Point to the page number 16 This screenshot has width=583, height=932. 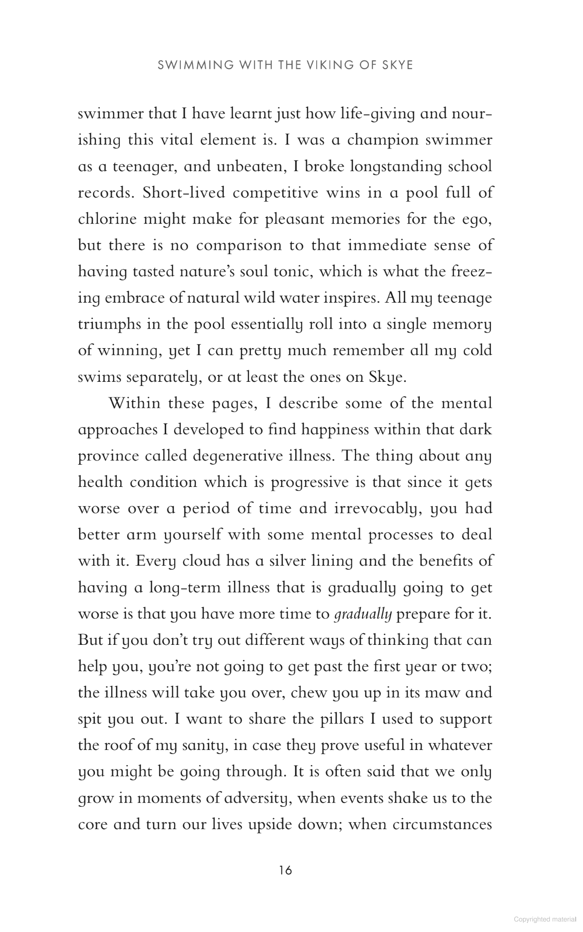pos(286,871)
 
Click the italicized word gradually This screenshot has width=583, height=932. pos(363,615)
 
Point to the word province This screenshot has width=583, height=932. pos(107,456)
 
